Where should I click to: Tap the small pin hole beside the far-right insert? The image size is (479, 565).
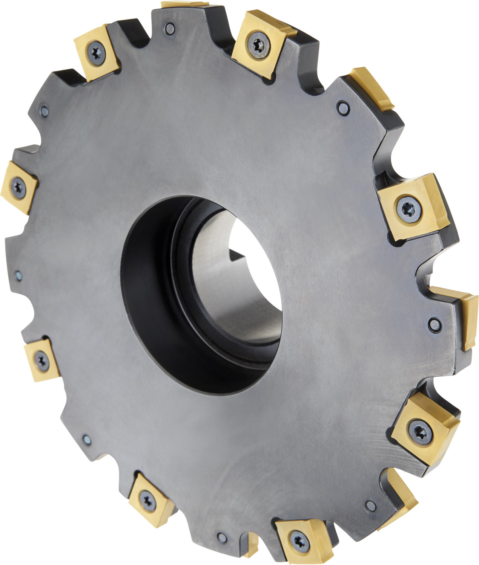click(434, 324)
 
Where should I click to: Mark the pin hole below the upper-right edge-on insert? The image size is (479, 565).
click(342, 108)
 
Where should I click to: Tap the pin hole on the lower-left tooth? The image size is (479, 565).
click(86, 439)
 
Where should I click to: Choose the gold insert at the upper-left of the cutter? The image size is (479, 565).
click(97, 53)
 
